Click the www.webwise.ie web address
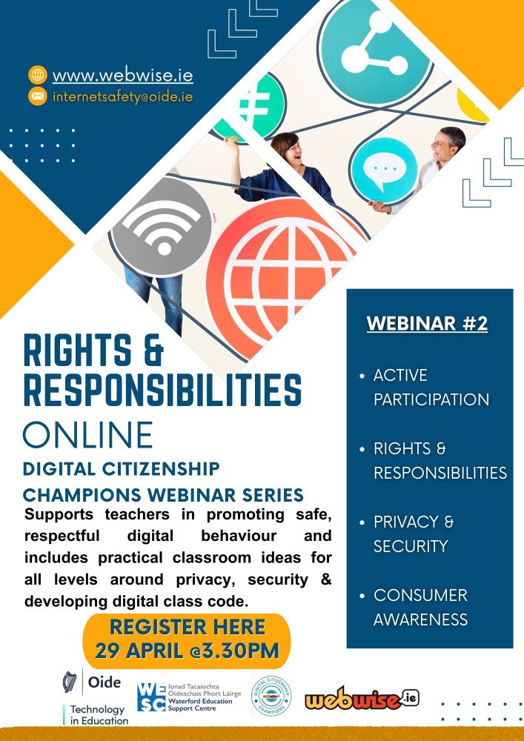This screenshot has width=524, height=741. [122, 75]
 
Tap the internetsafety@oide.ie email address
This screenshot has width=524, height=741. [122, 96]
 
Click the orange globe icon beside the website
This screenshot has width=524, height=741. [37, 75]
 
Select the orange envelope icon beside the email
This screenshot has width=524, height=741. [37, 96]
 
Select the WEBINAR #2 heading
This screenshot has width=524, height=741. [428, 324]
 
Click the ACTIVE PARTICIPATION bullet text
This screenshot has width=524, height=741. [431, 387]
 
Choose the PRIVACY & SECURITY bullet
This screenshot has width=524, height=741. [414, 534]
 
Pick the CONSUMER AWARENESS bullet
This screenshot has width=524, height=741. [420, 607]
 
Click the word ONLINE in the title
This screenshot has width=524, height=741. [88, 435]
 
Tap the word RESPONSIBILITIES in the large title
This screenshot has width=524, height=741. [162, 390]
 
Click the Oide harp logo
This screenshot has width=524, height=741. [71, 682]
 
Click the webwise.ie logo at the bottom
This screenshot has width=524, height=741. [362, 699]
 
